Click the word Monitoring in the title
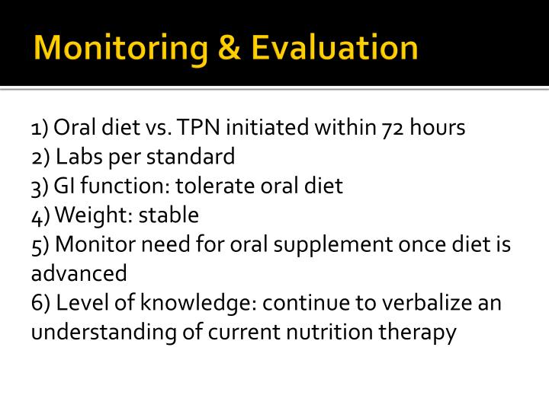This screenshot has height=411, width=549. pyautogui.click(x=119, y=47)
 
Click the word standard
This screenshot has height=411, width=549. pyautogui.click(x=193, y=157)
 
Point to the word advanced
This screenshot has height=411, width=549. pyautogui.click(x=79, y=273)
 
